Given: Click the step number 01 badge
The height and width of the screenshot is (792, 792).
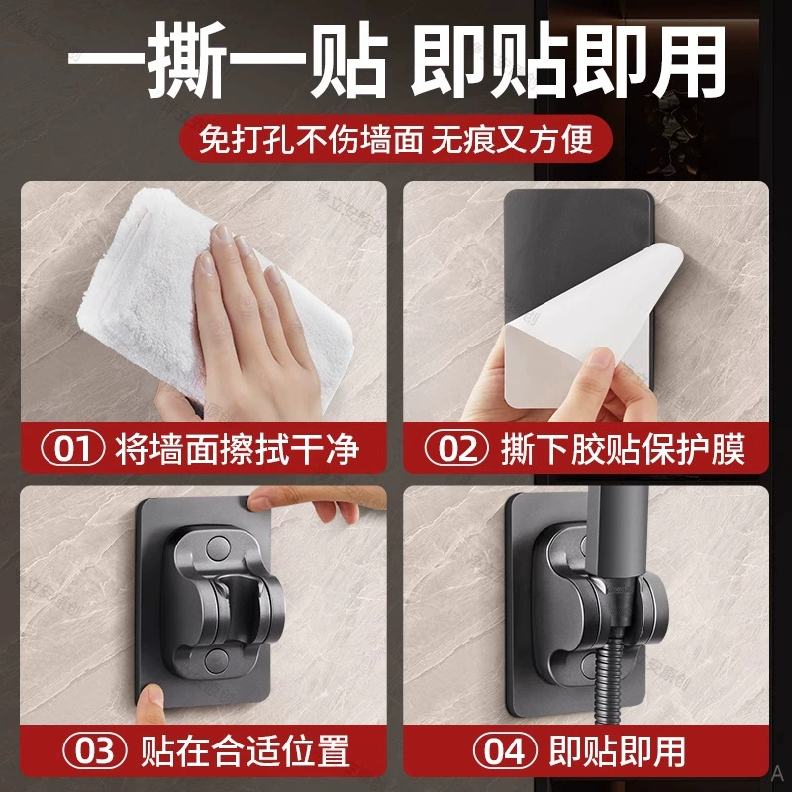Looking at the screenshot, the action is click(x=72, y=448).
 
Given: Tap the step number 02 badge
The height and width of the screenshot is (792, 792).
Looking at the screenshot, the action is click(x=456, y=448).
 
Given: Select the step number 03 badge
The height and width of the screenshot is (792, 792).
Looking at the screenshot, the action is click(x=95, y=751).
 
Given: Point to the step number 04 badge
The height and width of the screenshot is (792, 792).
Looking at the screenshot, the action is click(x=505, y=751).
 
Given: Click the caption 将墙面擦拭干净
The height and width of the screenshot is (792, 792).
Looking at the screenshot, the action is click(x=238, y=449).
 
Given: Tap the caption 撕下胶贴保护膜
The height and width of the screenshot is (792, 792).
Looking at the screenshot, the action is click(x=624, y=449).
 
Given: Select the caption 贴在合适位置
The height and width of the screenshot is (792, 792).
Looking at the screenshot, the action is click(x=245, y=751).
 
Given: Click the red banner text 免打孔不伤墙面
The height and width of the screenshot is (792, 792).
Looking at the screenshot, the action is click(x=311, y=140).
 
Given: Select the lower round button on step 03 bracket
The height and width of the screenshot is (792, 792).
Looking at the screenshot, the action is click(x=216, y=659).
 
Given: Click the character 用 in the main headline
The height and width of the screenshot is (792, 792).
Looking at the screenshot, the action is click(x=688, y=59).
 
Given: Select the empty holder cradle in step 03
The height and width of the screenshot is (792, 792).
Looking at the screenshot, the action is click(x=238, y=606).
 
